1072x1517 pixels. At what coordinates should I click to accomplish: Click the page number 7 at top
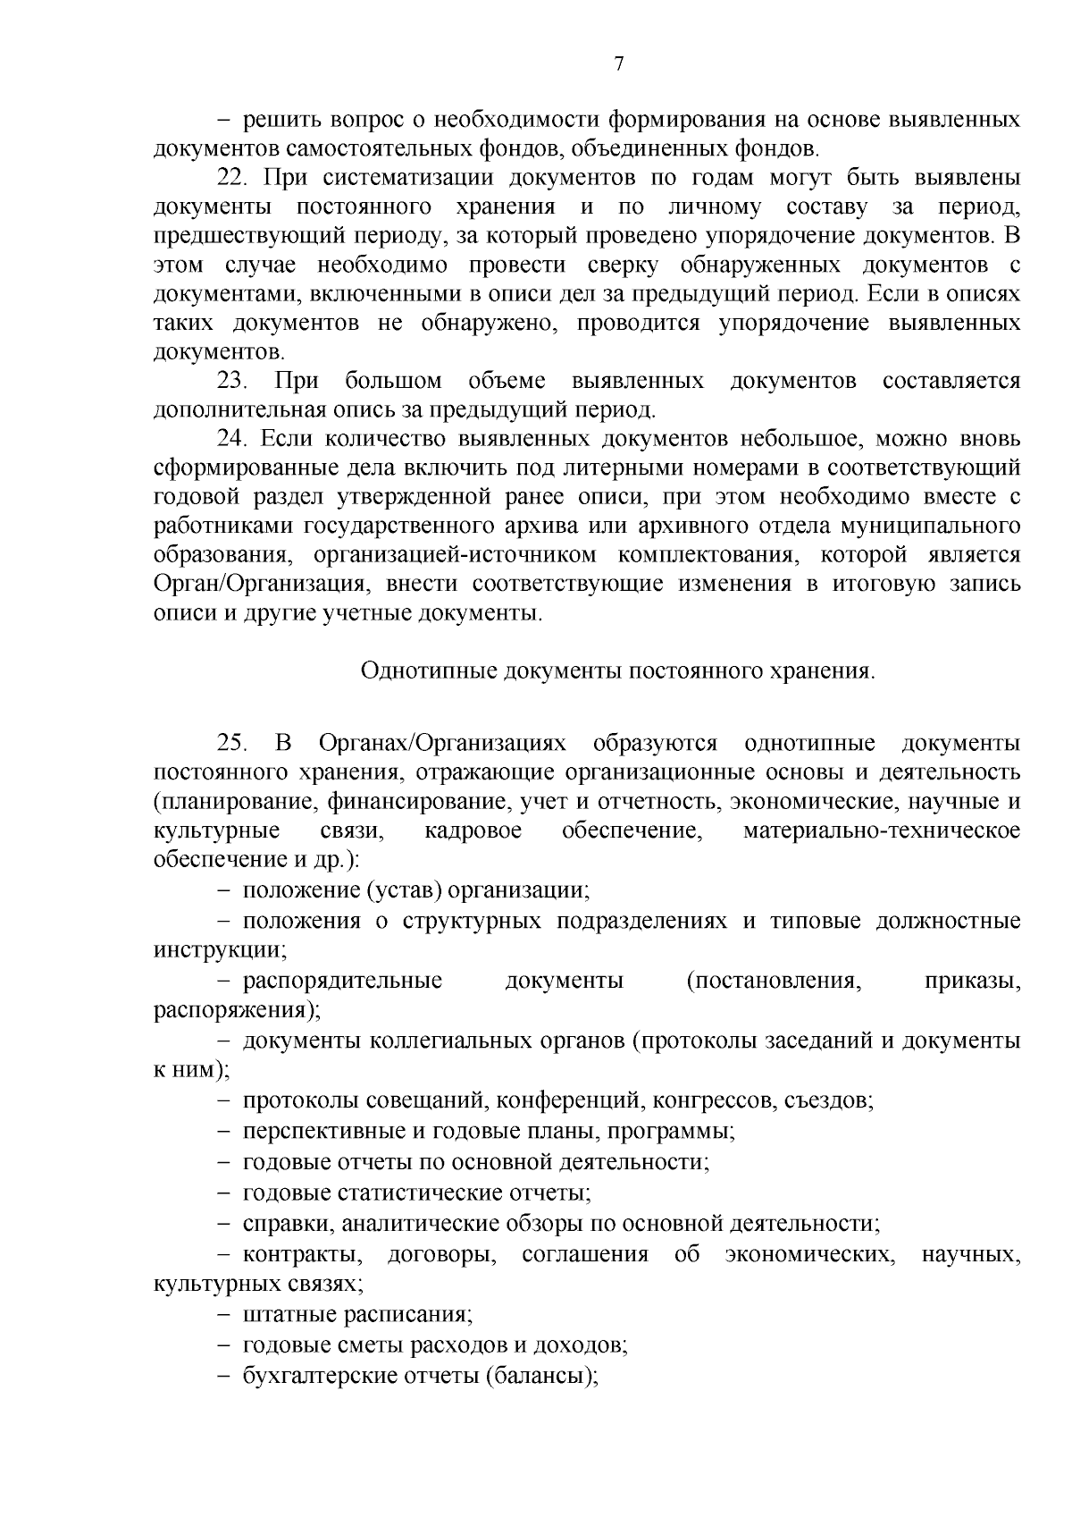tap(618, 64)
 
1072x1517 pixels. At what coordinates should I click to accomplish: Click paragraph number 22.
tap(232, 178)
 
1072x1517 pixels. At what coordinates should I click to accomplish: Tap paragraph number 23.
tap(232, 382)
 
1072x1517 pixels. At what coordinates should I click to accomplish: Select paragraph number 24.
tap(232, 440)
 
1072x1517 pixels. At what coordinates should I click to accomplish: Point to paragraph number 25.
tap(232, 744)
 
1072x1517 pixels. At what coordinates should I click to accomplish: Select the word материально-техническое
tap(882, 831)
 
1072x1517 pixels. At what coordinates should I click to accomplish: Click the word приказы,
tap(973, 982)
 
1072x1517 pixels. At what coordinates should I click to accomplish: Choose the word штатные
tap(285, 1315)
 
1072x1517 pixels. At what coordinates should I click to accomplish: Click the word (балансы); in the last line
tap(541, 1376)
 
